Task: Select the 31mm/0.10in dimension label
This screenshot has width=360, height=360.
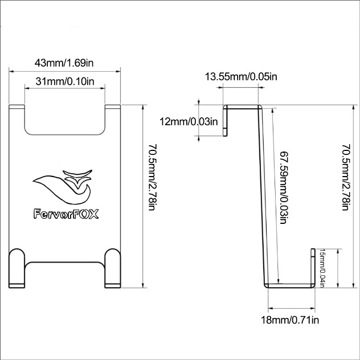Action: (64, 81)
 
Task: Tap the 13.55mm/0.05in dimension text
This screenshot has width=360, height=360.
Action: (242, 77)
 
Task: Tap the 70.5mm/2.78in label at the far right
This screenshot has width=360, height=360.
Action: (346, 177)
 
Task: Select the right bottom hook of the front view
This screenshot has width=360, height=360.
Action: (113, 267)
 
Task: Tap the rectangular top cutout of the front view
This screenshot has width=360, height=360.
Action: (66, 120)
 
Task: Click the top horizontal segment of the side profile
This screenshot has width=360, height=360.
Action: (242, 107)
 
